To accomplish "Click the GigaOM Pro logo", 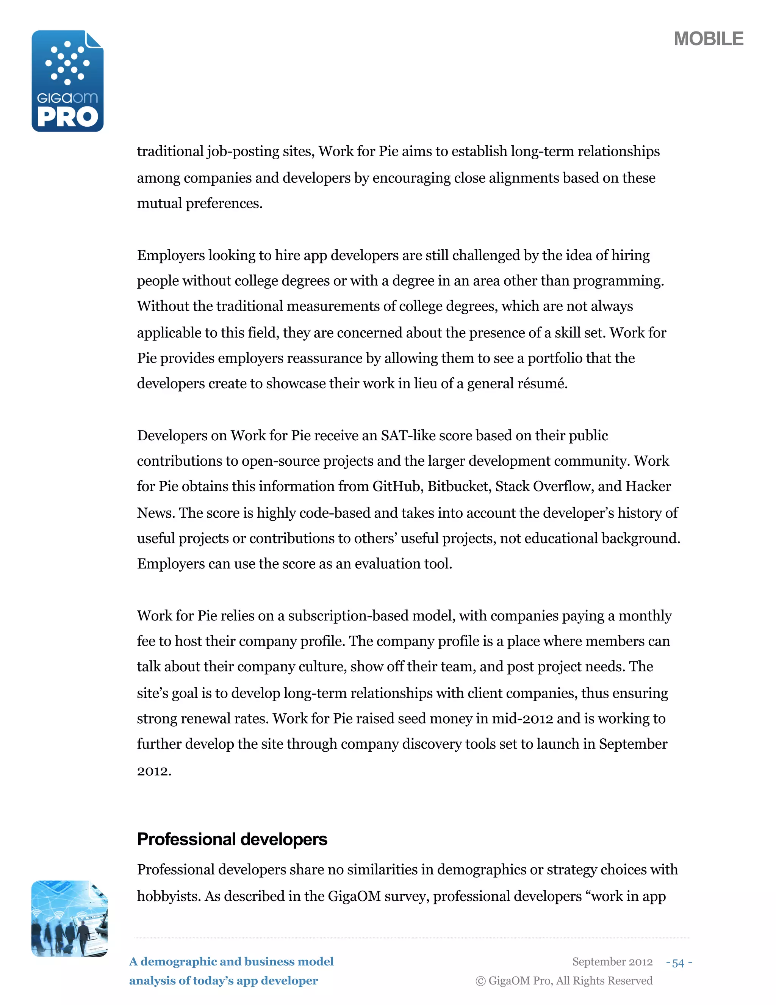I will (x=67, y=81).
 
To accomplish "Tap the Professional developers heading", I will (x=232, y=839).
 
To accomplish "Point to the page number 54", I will (x=679, y=962).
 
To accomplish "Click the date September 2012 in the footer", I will (x=612, y=962).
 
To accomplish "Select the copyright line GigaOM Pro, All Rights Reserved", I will (x=564, y=981).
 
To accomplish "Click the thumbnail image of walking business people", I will (x=69, y=919).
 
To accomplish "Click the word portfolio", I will (x=553, y=358).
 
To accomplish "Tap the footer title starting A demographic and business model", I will (x=231, y=962).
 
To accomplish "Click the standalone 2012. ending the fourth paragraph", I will (x=154, y=771).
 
